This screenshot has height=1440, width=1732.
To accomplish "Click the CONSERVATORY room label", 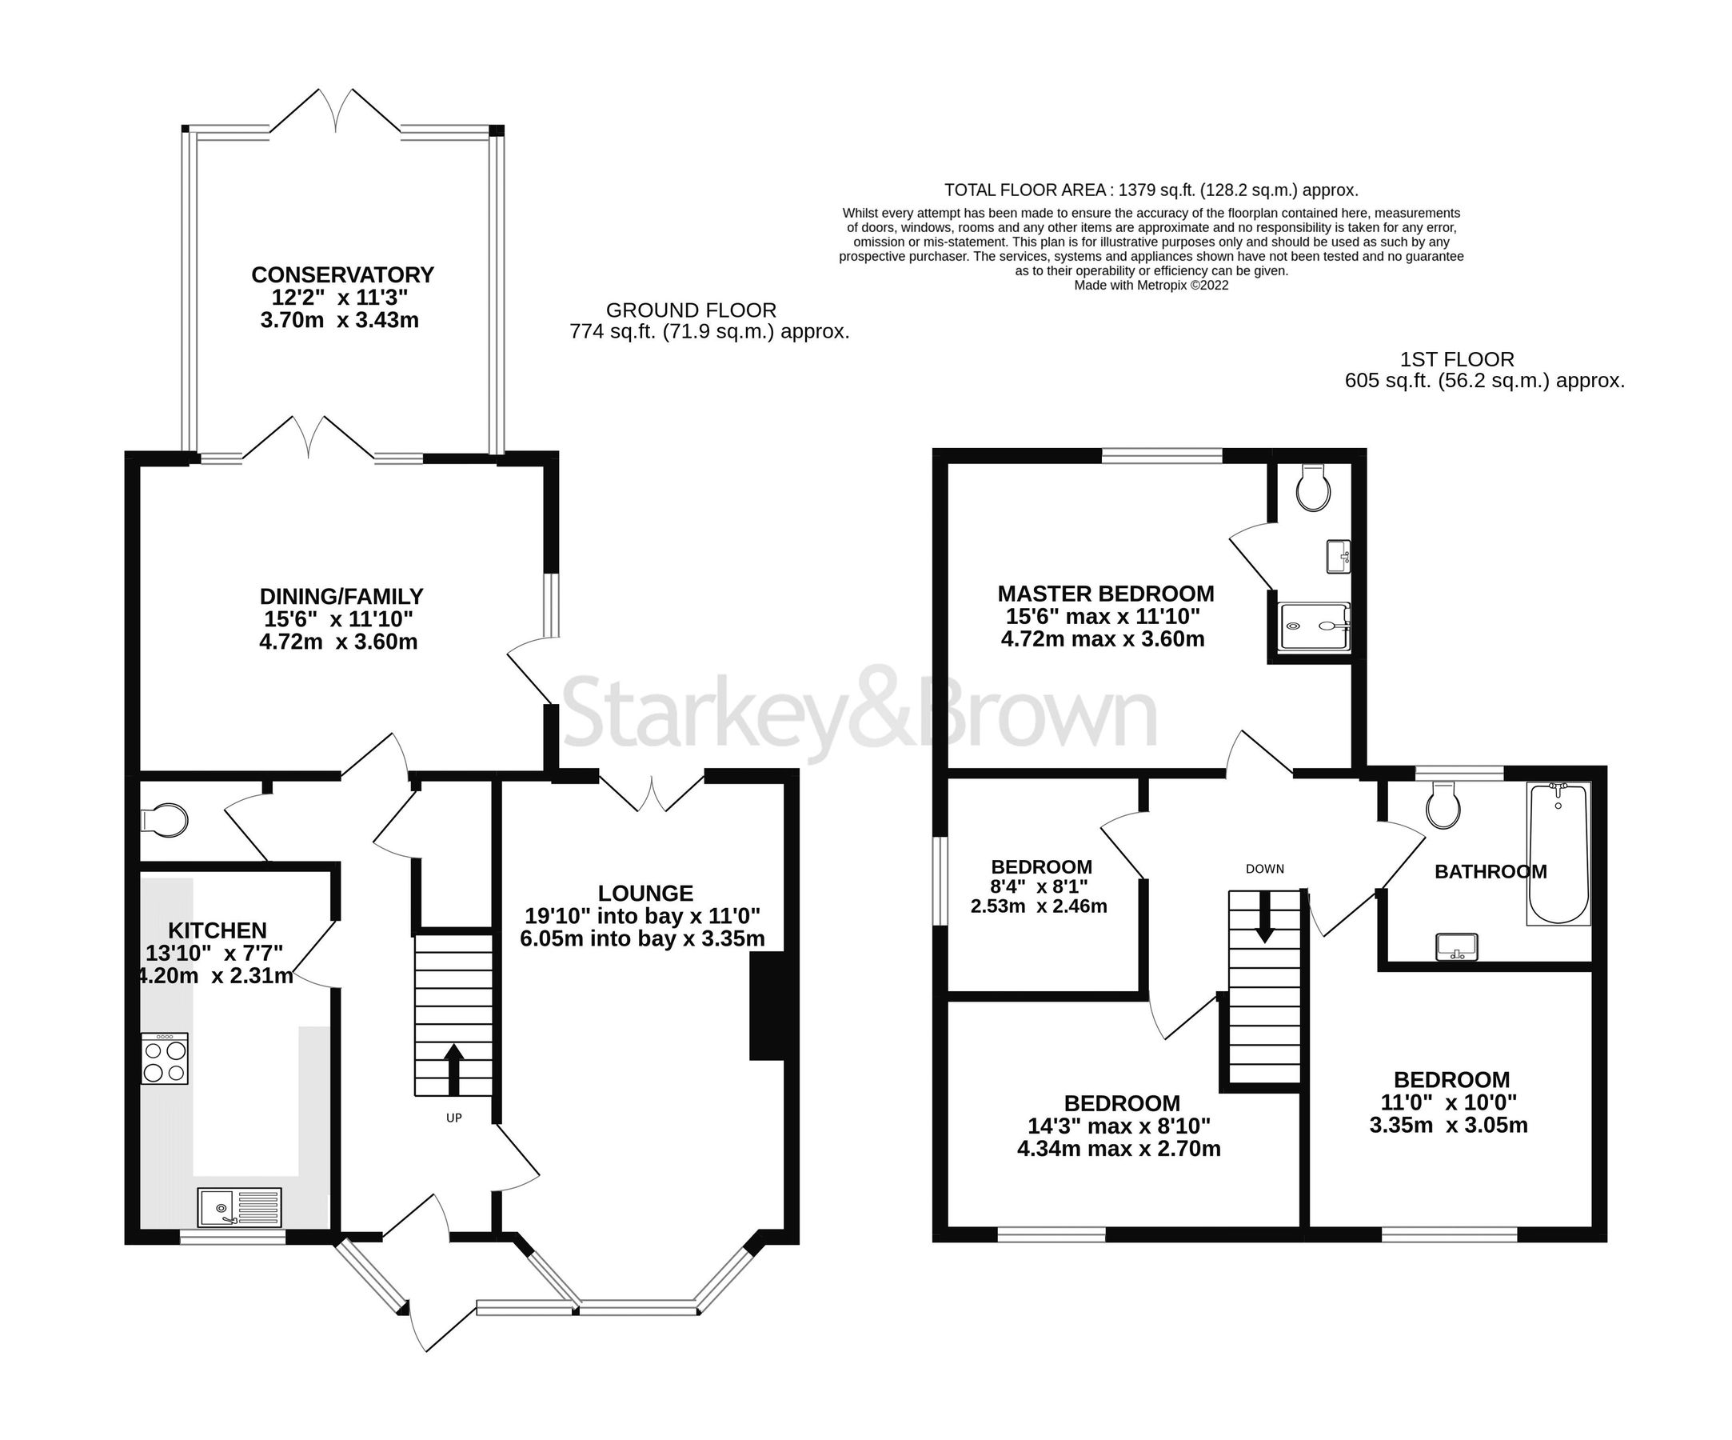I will pyautogui.click(x=342, y=274).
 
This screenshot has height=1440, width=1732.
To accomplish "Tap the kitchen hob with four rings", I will pyautogui.click(x=164, y=1059).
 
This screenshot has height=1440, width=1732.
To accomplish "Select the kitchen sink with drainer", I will pyautogui.click(x=239, y=1207).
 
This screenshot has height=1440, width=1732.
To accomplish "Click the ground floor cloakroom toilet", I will pyautogui.click(x=164, y=820).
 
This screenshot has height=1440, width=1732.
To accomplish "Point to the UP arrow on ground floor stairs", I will pyautogui.click(x=453, y=1070).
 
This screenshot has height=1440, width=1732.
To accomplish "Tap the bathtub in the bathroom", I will pyautogui.click(x=1558, y=854).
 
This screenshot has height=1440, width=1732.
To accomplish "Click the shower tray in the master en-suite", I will pyautogui.click(x=1314, y=626).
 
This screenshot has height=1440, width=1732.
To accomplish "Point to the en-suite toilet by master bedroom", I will pyautogui.click(x=1313, y=489).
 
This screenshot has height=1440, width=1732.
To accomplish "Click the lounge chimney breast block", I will pyautogui.click(x=766, y=1006).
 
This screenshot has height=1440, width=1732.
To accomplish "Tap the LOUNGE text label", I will pyautogui.click(x=645, y=893).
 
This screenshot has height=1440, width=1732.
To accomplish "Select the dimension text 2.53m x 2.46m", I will pyautogui.click(x=1039, y=906).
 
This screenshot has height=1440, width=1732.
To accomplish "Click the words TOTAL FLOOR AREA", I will pyautogui.click(x=1024, y=190).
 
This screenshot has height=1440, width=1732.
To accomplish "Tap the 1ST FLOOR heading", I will pyautogui.click(x=1457, y=360).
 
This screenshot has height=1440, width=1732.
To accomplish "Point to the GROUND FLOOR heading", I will pyautogui.click(x=691, y=310).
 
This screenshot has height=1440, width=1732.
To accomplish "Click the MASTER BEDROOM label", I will pyautogui.click(x=1105, y=594).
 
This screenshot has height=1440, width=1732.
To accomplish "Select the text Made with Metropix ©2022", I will pyautogui.click(x=1151, y=286).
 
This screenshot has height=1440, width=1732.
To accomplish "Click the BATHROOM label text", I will pyautogui.click(x=1491, y=871).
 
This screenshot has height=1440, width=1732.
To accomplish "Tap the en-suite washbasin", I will pyautogui.click(x=1338, y=556).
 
